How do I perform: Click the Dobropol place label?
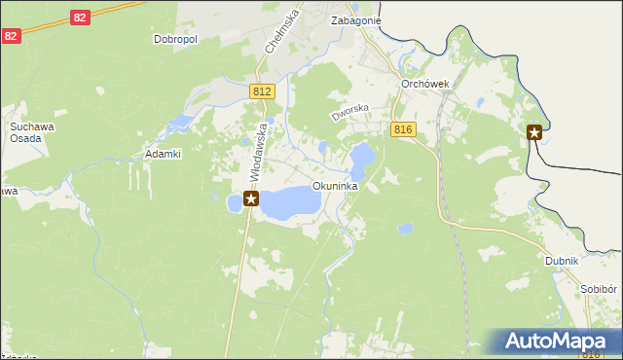175,40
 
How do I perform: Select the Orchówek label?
424,84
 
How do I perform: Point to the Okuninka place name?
335,185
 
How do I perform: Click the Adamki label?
164,154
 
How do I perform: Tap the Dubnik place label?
562,261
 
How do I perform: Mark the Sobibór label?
599,290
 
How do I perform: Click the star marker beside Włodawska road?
251,199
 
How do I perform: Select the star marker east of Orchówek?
534,133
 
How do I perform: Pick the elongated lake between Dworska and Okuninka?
361,158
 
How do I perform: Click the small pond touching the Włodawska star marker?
234,202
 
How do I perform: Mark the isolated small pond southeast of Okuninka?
404,230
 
